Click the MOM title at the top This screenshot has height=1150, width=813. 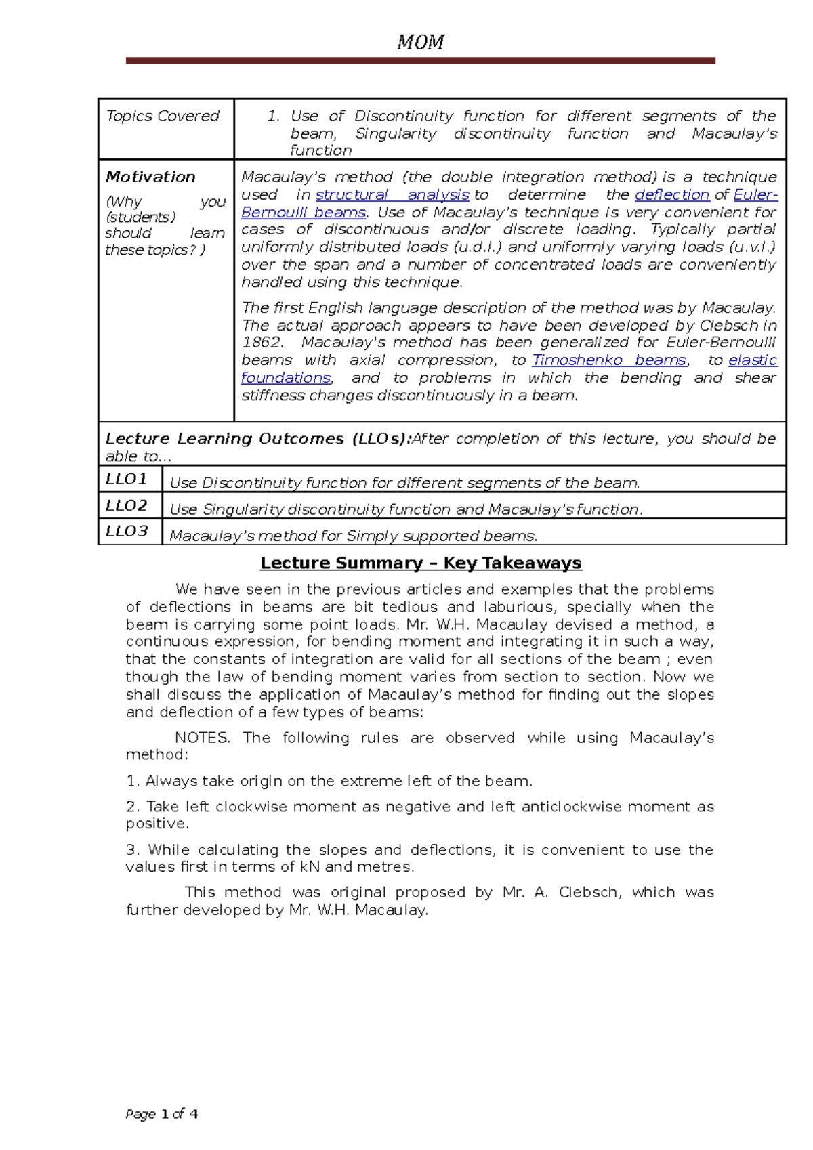pos(420,43)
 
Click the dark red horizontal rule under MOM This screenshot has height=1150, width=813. pos(420,61)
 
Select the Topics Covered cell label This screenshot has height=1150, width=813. pos(163,116)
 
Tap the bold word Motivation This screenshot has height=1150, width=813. pos(150,177)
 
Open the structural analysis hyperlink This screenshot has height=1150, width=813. pos(392,195)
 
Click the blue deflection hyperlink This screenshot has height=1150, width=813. pos(672,195)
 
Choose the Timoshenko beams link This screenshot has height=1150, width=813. pos(609,360)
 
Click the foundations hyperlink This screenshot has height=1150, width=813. pos(286,378)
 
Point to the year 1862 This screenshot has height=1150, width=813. pos(262,343)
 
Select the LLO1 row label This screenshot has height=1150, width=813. pos(127,480)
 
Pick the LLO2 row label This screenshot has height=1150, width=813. pos(127,506)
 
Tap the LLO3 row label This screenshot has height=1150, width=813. pos(127,532)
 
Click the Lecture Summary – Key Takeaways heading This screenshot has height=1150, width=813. pos(421,563)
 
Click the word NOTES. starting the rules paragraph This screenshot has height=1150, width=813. pos(203,738)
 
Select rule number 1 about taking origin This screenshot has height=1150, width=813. pos(329,782)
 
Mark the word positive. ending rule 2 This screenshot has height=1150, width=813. pos(157,824)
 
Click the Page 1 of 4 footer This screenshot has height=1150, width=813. pos(162,1114)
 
